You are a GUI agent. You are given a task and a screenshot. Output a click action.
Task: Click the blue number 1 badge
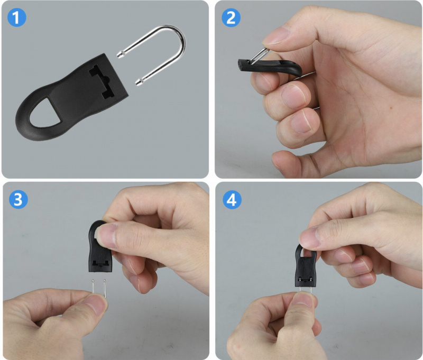[17, 17]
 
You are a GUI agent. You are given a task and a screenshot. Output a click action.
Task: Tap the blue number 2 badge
[231, 17]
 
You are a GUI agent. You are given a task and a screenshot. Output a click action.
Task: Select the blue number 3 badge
[19, 199]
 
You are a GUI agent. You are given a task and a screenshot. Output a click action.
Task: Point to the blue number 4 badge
[232, 200]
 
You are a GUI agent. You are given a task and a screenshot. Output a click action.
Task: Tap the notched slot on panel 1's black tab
[103, 81]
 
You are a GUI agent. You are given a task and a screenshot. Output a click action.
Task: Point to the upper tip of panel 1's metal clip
[118, 55]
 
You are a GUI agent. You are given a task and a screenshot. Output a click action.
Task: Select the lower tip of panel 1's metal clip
[137, 83]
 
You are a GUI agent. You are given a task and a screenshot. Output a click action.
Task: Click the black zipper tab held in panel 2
[270, 68]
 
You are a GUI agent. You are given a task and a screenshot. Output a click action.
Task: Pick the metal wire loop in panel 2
[260, 56]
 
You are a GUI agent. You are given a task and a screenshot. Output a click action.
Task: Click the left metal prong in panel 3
[93, 285]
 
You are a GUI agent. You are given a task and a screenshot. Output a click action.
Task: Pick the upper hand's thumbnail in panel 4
[309, 237]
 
